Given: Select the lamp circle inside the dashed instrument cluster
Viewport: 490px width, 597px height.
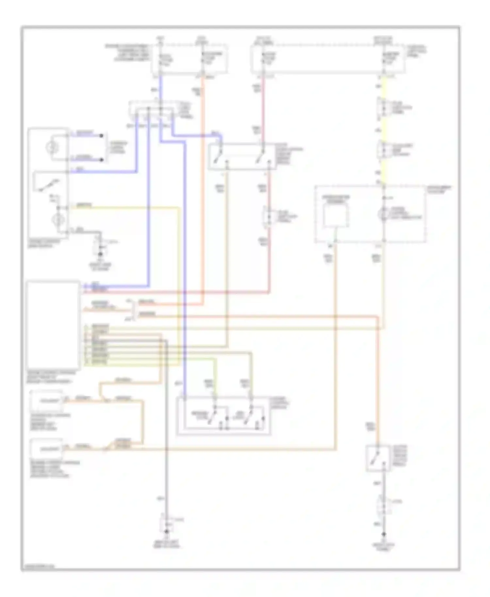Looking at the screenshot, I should [383, 215].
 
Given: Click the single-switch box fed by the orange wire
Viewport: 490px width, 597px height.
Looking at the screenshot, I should [378, 458].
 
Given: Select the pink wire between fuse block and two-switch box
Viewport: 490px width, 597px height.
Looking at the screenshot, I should [263, 108].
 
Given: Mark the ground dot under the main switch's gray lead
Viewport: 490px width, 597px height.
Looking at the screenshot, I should [101, 254].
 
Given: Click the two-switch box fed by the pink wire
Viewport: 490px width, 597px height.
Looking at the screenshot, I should [242, 156].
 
